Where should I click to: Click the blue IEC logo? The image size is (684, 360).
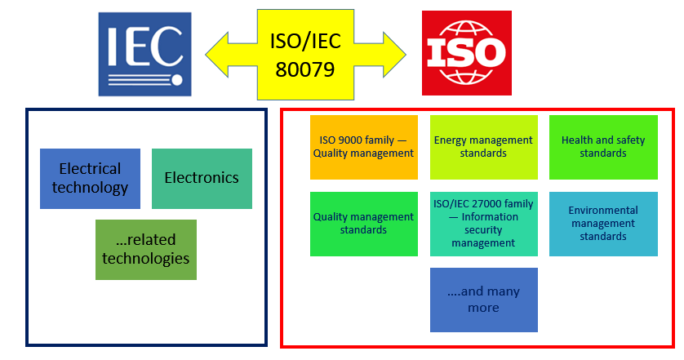pos(144,53)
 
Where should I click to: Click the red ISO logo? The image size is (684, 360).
pos(466,52)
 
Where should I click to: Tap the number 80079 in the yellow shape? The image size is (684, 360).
pos(305,69)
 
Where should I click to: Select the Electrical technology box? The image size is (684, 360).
pos(90,178)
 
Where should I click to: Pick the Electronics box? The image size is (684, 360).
pos(202,178)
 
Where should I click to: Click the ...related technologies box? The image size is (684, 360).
pos(146,250)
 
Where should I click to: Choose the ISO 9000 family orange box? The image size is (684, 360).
pos(364,147)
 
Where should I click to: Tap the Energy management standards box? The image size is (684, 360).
pos(483,147)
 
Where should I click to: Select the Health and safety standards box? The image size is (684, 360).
pos(603,147)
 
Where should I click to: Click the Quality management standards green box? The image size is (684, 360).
pos(364,223)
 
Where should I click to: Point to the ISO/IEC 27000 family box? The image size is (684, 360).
pos(484,223)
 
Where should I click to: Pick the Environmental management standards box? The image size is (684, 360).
pos(603,223)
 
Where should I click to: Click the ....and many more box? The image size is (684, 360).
pos(484,300)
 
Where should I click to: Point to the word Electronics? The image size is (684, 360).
pos(202,178)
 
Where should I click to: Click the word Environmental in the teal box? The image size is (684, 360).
pos(603,210)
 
